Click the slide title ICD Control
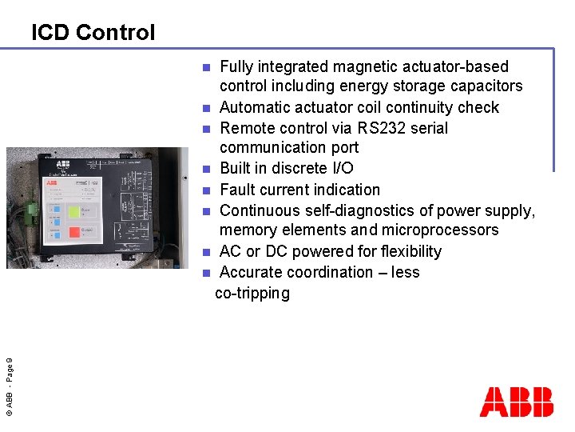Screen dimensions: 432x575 tap(93, 33)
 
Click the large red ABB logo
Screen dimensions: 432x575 tap(516, 402)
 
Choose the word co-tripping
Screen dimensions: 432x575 tap(252, 294)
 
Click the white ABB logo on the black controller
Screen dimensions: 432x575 tap(51, 183)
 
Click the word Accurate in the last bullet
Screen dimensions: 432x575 tap(252, 272)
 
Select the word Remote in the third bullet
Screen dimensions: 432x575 tap(245, 128)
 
